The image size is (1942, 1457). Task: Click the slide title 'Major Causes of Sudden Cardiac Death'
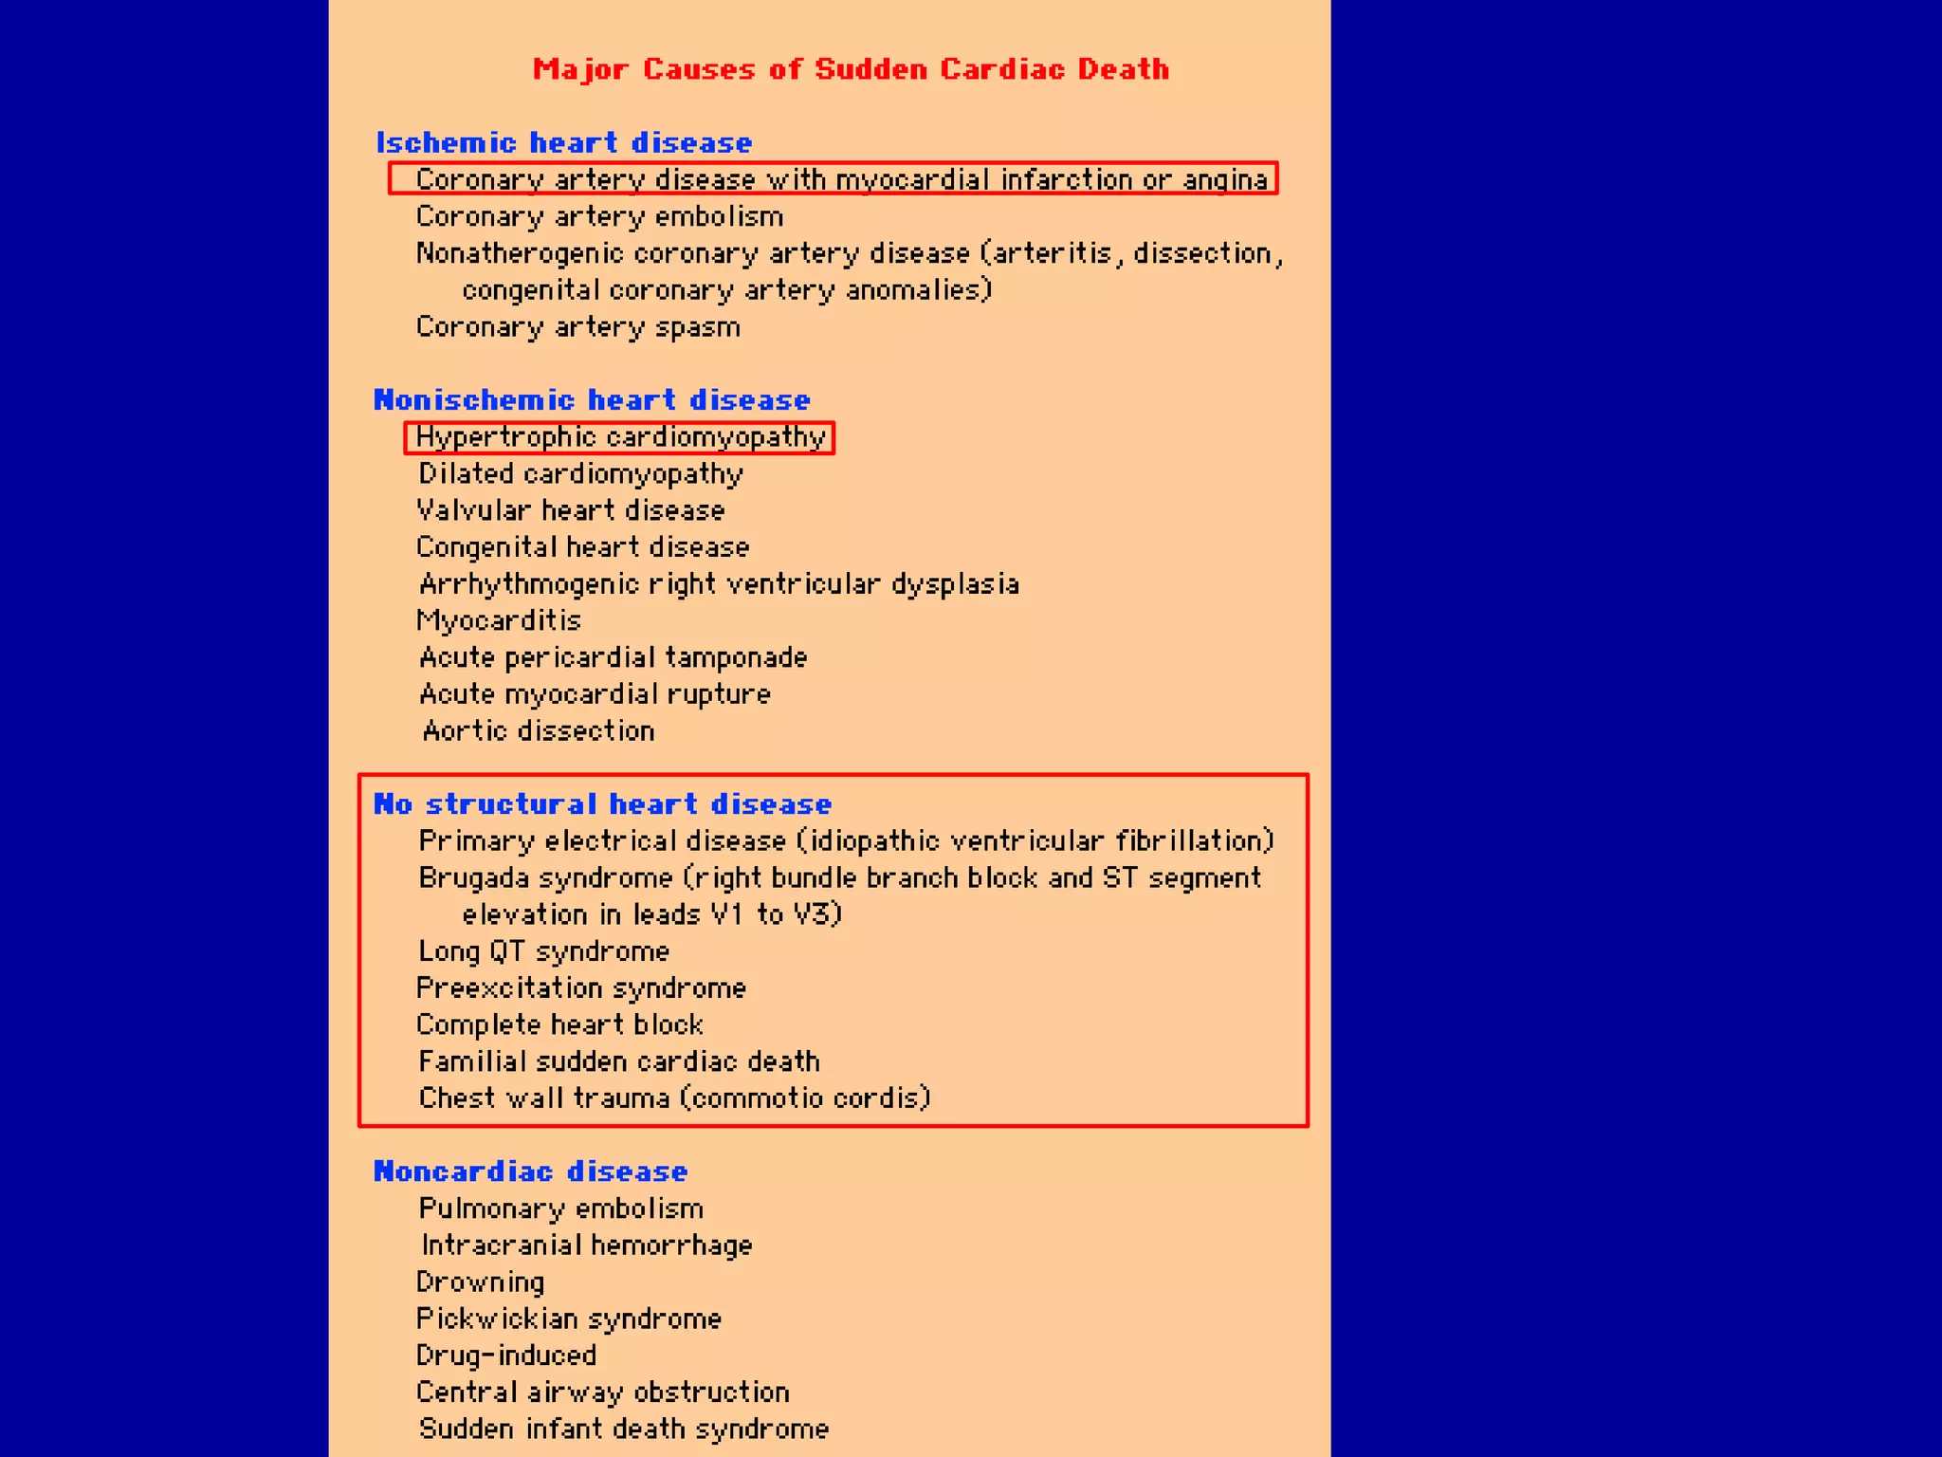click(x=851, y=69)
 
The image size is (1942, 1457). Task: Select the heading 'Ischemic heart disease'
click(x=564, y=142)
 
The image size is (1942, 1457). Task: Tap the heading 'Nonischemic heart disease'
click(x=592, y=399)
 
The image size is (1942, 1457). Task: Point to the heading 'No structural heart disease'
click(x=602, y=803)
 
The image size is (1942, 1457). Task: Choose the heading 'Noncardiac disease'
click(x=530, y=1171)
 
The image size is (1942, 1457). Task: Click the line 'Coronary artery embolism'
click(x=599, y=216)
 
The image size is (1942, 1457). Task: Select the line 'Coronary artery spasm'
click(x=577, y=327)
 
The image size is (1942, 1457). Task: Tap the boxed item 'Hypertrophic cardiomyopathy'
click(x=620, y=437)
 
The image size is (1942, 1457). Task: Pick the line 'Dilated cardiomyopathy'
click(x=580, y=473)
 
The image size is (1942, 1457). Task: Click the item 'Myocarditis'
click(x=499, y=620)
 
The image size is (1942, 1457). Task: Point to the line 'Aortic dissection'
click(x=539, y=730)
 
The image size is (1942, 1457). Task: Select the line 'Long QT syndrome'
click(x=543, y=950)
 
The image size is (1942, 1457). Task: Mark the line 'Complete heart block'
click(x=559, y=1024)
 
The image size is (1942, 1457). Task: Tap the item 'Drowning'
click(x=480, y=1282)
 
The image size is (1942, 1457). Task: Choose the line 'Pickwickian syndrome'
click(x=569, y=1319)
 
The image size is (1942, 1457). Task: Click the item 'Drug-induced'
click(x=506, y=1355)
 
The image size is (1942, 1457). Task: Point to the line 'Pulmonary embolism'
click(x=561, y=1208)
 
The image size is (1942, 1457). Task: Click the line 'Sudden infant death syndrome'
click(x=624, y=1429)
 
